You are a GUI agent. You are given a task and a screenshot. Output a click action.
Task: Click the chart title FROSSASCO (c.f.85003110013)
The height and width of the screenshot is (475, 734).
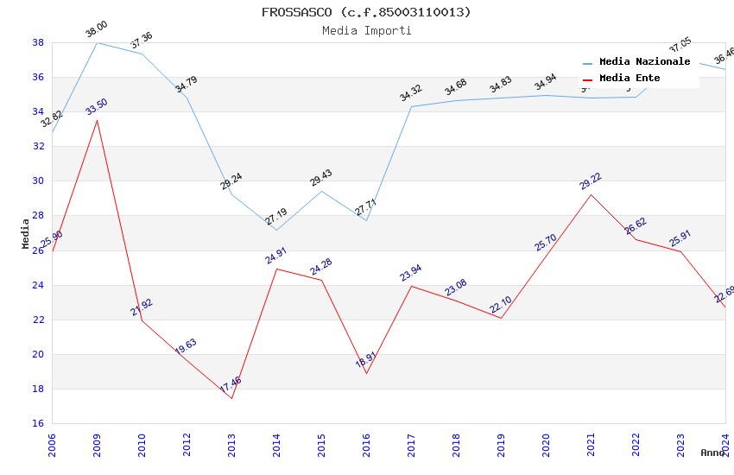366,12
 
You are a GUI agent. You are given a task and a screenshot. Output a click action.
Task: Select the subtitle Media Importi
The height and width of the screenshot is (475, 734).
366,30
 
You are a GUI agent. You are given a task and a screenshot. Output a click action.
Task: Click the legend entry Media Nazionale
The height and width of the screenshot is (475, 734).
644,62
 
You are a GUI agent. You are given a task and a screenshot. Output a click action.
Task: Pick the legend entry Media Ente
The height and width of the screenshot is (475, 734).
630,79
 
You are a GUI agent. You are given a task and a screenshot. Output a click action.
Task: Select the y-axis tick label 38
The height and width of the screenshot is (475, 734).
38,42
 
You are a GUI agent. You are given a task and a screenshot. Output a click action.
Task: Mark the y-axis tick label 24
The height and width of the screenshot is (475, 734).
38,285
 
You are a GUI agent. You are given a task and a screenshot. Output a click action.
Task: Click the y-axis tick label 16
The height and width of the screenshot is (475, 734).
38,423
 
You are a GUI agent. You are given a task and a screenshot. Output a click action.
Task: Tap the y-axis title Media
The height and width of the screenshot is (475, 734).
26,233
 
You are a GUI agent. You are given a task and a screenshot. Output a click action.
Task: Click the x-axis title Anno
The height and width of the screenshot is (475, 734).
712,453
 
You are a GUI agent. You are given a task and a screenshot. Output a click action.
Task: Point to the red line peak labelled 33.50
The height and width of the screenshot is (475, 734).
97,120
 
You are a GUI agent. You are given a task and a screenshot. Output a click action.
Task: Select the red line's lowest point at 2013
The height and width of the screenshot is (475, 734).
231,398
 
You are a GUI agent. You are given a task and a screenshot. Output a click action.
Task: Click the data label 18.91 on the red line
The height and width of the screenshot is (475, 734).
366,360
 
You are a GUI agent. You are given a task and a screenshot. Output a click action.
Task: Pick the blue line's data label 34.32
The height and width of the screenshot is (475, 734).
411,92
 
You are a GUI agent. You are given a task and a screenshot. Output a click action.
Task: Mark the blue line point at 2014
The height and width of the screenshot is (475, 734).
276,230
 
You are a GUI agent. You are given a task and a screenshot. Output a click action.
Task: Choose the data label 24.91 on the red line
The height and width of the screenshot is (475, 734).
276,256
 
